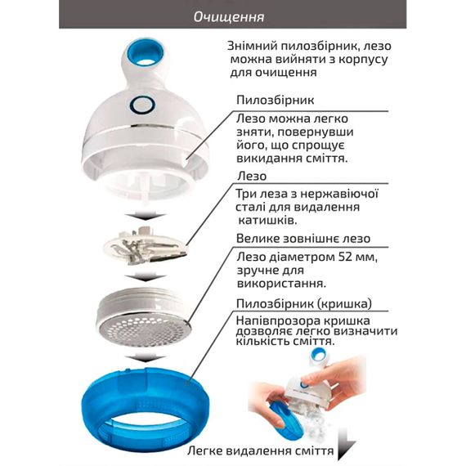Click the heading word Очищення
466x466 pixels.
[x=229, y=17]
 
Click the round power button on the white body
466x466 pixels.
[x=142, y=105]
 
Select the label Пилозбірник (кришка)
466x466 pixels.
[x=304, y=304]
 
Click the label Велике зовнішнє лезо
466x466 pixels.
[x=303, y=239]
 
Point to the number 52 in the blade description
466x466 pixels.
[x=347, y=257]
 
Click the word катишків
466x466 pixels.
[x=268, y=221]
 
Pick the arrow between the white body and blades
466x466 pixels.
[x=145, y=216]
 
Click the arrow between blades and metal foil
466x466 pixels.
[x=145, y=278]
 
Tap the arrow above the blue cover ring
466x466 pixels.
[x=145, y=357]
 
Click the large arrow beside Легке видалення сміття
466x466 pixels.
[x=346, y=444]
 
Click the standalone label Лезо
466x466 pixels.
[x=252, y=177]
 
